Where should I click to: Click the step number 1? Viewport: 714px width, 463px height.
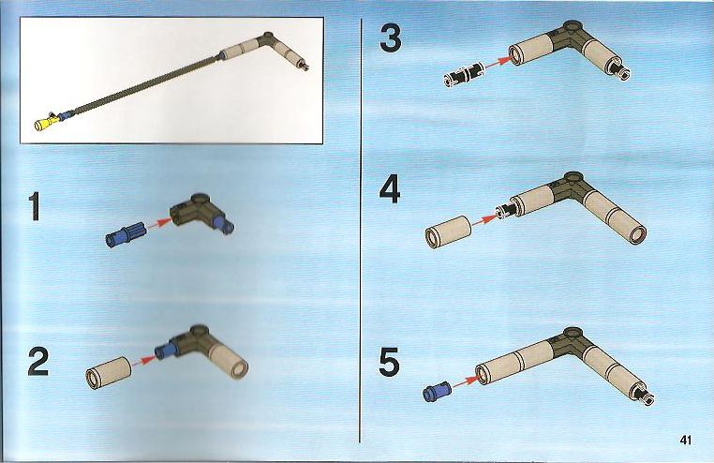pos(35,207)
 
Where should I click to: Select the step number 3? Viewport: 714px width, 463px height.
pos(391,38)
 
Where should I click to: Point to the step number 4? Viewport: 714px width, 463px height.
pos(390,190)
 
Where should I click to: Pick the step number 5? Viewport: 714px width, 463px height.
pos(390,362)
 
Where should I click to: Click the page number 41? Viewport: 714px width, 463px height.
pos(685,440)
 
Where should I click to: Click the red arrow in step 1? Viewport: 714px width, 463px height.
pos(159,223)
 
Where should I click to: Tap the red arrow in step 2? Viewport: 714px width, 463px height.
pos(143,360)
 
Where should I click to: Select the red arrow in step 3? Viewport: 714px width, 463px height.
pos(498,63)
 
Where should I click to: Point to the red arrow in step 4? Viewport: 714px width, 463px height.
pos(484,220)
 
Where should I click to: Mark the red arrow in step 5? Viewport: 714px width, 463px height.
pos(465,381)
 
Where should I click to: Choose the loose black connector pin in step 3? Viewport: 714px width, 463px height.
pos(463,73)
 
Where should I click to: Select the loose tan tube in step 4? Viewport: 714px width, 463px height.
pos(449,231)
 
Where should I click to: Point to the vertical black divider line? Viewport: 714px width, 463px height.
pos(360,231)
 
